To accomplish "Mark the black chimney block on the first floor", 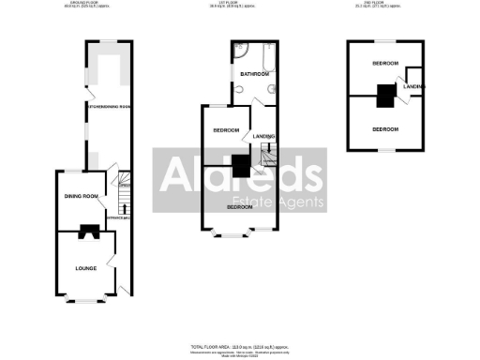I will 241,167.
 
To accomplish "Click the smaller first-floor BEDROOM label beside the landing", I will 226,129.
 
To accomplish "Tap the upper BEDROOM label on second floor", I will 385,63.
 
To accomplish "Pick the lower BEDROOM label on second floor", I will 385,128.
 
